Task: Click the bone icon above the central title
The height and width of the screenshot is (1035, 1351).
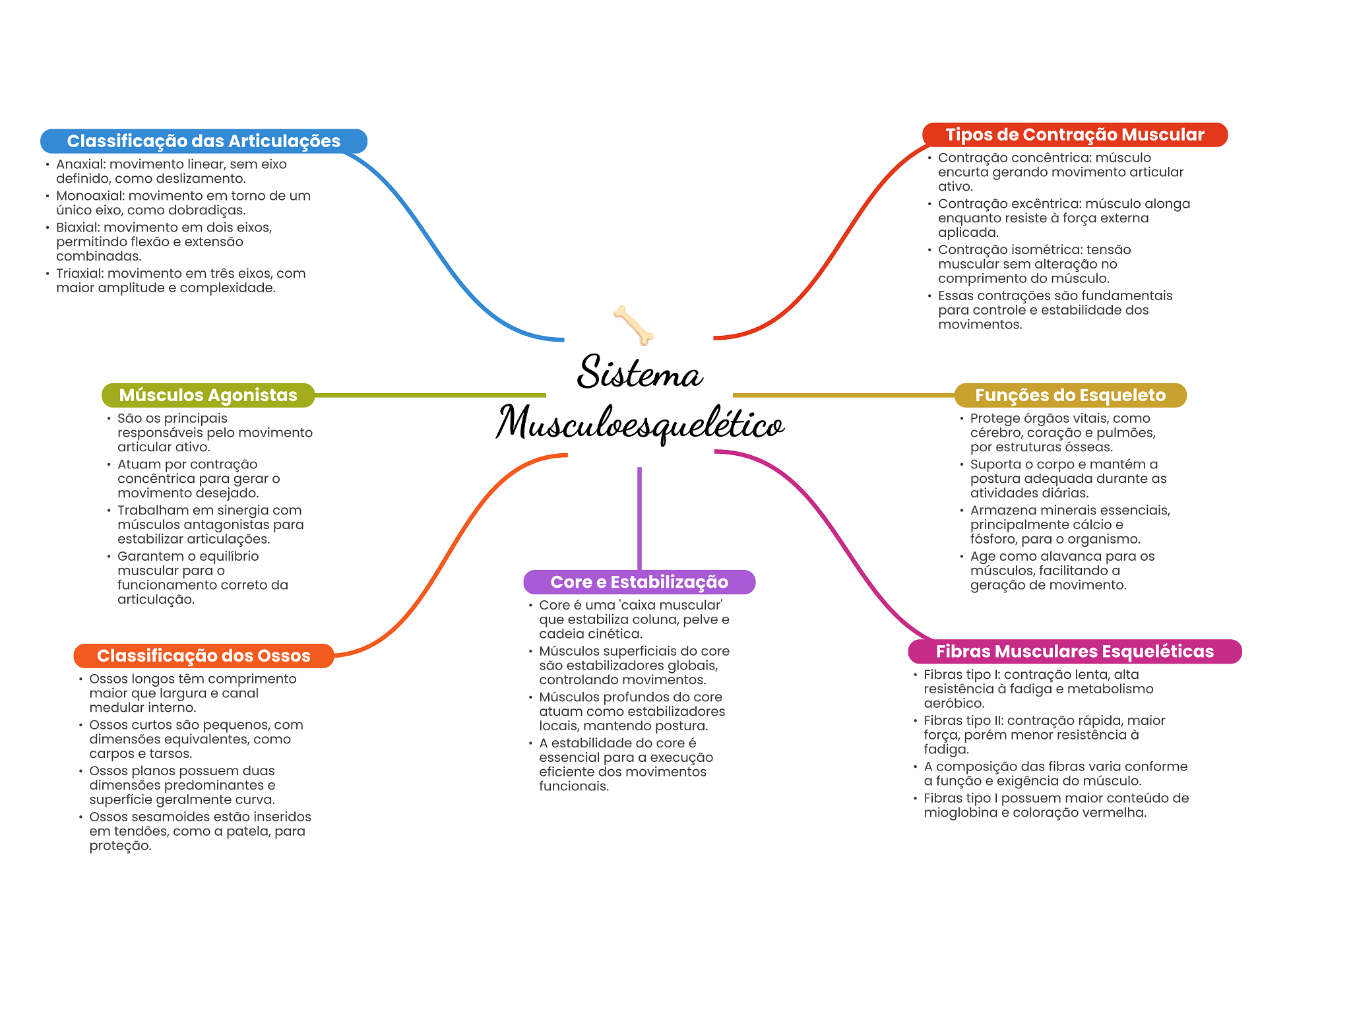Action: (x=633, y=325)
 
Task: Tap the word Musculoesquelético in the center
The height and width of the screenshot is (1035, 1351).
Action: (x=640, y=423)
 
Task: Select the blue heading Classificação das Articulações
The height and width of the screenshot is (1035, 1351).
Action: (x=204, y=141)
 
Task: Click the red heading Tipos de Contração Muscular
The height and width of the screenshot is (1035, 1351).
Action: (x=1075, y=135)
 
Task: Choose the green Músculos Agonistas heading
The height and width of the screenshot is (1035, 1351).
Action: (x=208, y=395)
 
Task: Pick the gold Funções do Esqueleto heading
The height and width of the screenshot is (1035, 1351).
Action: (x=1071, y=395)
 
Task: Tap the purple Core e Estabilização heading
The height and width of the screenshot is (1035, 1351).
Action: (x=639, y=582)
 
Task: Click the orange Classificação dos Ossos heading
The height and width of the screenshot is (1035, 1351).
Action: (x=204, y=656)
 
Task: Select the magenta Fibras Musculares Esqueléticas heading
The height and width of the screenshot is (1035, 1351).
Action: (x=1075, y=652)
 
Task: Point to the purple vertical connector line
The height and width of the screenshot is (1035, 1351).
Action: (x=639, y=518)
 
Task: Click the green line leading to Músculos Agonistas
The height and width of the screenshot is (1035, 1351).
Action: (x=430, y=395)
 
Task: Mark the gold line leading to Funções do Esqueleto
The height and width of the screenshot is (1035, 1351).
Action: (x=844, y=395)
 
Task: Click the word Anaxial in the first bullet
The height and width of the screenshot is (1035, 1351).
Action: (x=80, y=164)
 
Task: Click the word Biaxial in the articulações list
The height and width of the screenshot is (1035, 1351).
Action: (x=77, y=228)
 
